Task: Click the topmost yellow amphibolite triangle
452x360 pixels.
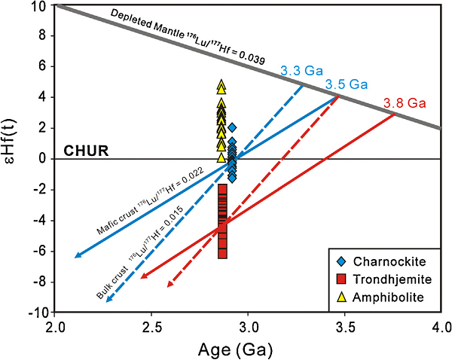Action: click(221, 85)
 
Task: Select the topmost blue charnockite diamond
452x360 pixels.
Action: click(232, 128)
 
